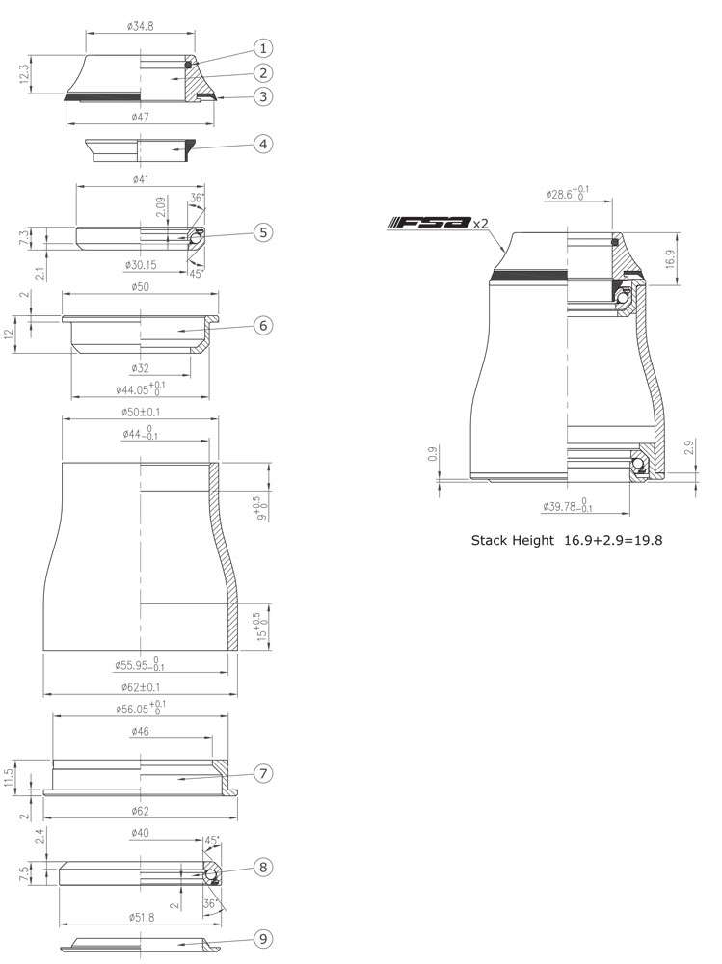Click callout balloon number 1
(263, 48)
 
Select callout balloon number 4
(263, 144)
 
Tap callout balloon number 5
(263, 232)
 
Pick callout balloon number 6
(263, 326)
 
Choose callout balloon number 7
(263, 773)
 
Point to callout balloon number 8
(263, 867)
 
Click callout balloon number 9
(263, 938)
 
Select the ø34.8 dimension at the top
(142, 26)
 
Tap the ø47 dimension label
(142, 117)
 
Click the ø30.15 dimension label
(142, 264)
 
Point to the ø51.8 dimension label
(142, 917)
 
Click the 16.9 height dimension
(669, 257)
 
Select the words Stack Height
(512, 541)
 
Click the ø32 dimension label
(142, 368)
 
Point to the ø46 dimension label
(142, 733)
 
